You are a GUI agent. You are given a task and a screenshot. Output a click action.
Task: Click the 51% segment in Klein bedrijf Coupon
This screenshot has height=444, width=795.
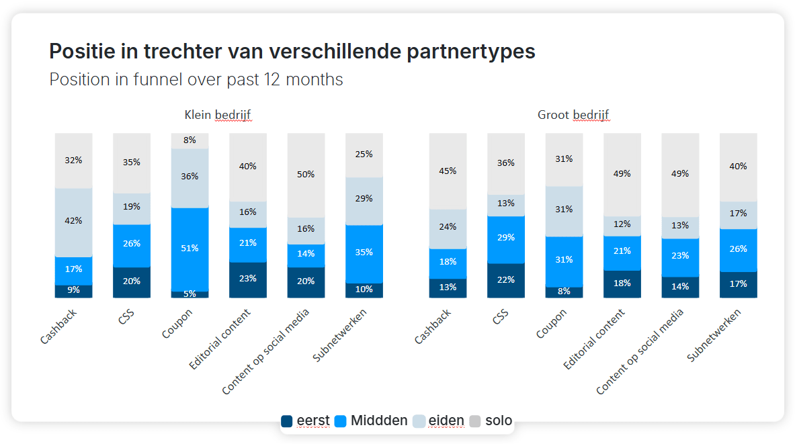coord(190,249)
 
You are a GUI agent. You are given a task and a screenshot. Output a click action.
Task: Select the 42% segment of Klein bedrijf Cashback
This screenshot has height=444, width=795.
coord(73,221)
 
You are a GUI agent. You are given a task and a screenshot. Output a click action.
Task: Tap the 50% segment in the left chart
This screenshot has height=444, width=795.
coord(306,175)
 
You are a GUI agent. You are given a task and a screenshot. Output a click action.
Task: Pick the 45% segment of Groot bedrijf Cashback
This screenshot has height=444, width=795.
coord(448,171)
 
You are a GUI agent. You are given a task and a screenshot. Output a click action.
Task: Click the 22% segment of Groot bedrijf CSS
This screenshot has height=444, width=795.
coord(506,280)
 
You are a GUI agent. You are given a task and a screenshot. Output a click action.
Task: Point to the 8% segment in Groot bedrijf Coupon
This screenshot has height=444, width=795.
coord(564,292)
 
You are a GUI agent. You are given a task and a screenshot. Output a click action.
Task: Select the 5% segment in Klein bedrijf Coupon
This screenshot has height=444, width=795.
coord(190,294)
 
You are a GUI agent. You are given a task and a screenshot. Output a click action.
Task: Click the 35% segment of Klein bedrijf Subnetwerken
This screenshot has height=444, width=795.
coord(364,253)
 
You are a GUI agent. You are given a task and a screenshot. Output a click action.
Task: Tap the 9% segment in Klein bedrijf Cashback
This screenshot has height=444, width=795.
coord(73,290)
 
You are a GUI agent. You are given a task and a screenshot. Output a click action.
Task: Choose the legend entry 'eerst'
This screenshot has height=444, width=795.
coord(306,421)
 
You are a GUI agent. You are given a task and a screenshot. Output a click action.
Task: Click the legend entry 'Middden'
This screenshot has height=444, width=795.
coord(372,421)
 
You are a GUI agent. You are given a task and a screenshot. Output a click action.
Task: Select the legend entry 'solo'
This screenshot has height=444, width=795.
coord(491,421)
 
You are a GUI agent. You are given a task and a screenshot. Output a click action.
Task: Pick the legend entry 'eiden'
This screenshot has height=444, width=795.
coord(438,421)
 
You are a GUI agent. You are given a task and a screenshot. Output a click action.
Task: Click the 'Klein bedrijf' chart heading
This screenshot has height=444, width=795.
coord(218,115)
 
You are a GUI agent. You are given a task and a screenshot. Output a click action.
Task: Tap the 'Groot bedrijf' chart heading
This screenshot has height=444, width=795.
coord(573,115)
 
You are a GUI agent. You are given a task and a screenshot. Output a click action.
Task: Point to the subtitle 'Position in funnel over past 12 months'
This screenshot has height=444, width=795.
coord(196,80)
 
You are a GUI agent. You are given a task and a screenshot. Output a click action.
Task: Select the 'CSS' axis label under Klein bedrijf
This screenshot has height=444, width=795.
coord(126,317)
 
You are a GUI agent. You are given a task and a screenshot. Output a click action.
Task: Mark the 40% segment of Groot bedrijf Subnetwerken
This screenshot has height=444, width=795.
coord(738,167)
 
